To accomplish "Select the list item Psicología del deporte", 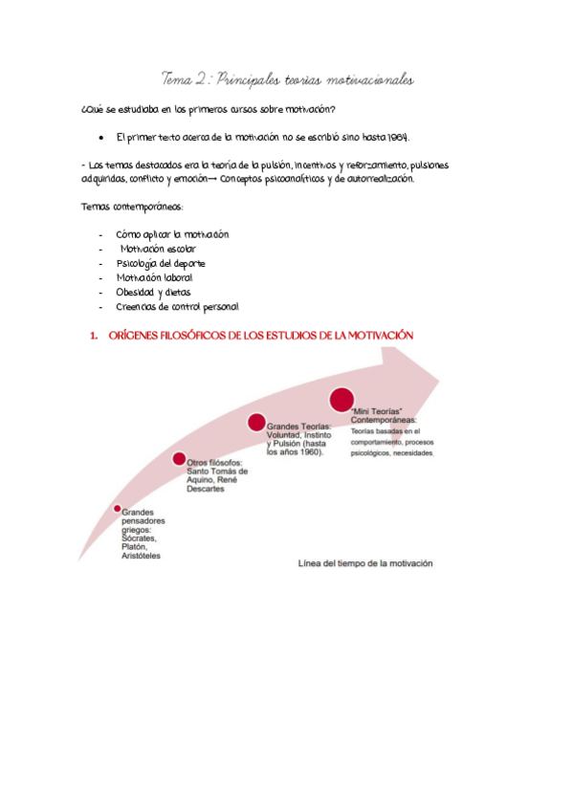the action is tap(161, 263).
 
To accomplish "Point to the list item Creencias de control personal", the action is tap(178, 307).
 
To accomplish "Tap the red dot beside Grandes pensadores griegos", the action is tap(117, 509).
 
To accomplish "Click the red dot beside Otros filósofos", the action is tap(179, 459).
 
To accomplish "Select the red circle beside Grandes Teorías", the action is tap(256, 422).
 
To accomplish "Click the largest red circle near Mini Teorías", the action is tap(342, 398).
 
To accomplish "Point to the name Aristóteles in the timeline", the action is tap(141, 556).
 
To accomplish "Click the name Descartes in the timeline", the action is tap(207, 489).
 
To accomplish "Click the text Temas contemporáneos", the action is tap(133, 208).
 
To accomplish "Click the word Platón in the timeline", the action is tap(134, 547).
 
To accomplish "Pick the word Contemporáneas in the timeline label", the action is tap(384, 419).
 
